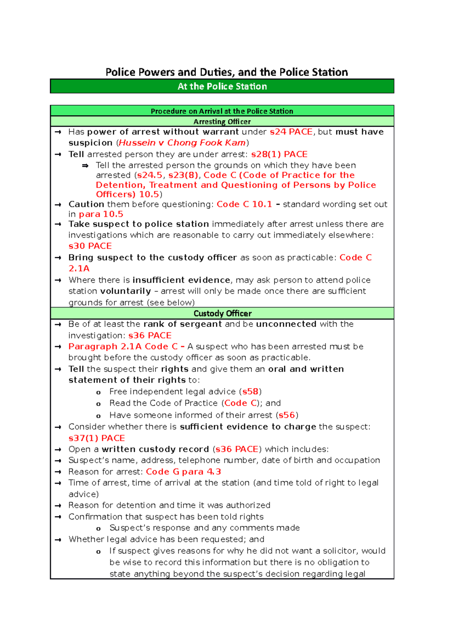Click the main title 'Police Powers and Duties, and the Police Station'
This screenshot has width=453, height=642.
click(x=226, y=72)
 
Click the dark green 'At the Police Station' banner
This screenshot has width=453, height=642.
click(x=222, y=86)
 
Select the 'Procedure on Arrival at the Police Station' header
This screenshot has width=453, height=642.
click(x=222, y=111)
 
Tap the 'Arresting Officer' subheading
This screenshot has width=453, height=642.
click(x=222, y=122)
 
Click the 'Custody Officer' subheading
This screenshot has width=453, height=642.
click(x=222, y=313)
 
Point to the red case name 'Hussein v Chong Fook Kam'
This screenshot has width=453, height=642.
click(x=182, y=143)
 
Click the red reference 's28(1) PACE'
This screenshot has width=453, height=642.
click(x=279, y=154)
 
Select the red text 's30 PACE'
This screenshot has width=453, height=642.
click(x=90, y=246)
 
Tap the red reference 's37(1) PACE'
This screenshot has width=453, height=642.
click(x=96, y=438)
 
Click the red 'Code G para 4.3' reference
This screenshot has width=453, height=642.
click(x=183, y=472)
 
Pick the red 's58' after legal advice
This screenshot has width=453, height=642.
click(x=250, y=392)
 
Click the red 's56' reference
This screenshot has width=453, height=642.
click(x=287, y=415)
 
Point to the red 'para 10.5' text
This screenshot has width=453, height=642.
click(x=101, y=214)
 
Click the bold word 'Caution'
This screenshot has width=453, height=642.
click(x=86, y=204)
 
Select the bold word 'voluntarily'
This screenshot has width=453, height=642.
click(x=125, y=291)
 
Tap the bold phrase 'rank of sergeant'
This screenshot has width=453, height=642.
click(x=182, y=324)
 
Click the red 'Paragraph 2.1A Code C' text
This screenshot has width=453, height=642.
click(x=123, y=347)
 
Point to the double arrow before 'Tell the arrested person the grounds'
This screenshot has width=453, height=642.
click(x=85, y=166)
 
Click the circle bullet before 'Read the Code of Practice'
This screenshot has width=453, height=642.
click(x=99, y=404)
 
